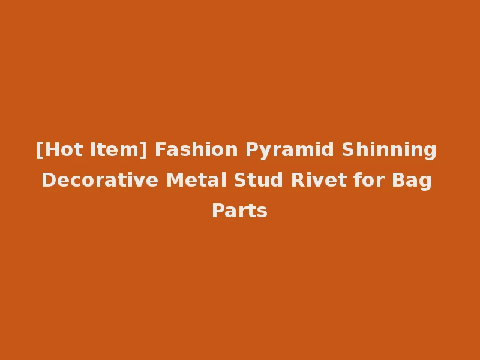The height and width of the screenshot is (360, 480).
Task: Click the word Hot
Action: (x=59, y=149)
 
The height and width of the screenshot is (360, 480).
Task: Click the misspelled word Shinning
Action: (x=389, y=150)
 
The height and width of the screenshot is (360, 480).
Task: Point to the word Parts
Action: (x=239, y=211)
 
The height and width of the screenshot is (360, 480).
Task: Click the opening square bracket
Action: (x=39, y=150)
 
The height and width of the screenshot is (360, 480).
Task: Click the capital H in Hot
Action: (x=49, y=149)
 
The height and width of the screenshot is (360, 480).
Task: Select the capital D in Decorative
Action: (x=47, y=180)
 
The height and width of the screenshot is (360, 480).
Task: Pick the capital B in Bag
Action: (x=399, y=180)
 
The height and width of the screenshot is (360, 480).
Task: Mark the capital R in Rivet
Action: (x=297, y=180)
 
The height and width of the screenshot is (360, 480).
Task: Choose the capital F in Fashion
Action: (x=160, y=149)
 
